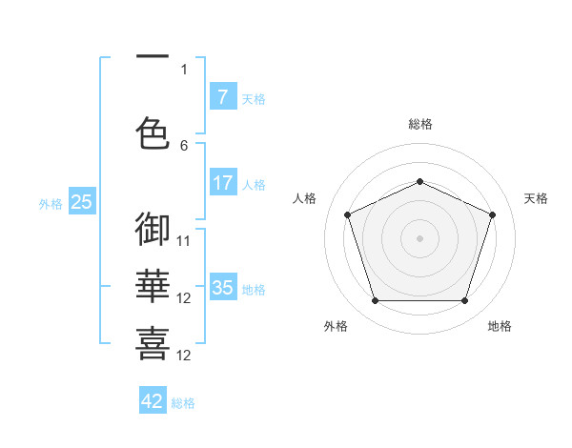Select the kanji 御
click(153, 230)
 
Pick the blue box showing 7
click(223, 97)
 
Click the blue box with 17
click(223, 183)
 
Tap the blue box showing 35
click(223, 288)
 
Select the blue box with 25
click(81, 202)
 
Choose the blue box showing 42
click(153, 401)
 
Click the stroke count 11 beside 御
click(184, 241)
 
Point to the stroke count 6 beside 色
click(184, 146)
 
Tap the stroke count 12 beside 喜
click(184, 356)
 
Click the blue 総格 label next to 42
click(183, 403)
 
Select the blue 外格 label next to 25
click(51, 204)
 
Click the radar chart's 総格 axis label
click(419, 124)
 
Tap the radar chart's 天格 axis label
click(536, 198)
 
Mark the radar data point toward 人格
click(347, 214)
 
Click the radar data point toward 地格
click(464, 301)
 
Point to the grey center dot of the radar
click(419, 237)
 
